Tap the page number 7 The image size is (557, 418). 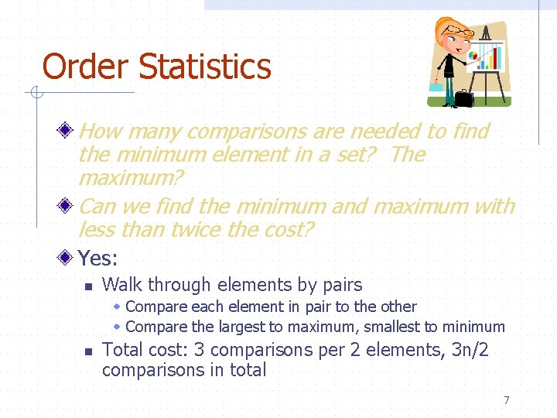507,400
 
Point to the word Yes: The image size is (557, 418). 97,258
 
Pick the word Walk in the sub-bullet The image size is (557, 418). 122,285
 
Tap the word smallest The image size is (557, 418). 391,327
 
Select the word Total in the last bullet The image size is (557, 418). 122,350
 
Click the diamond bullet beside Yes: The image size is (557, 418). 68,257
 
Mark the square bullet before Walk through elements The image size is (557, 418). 88,286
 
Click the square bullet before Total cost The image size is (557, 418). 88,351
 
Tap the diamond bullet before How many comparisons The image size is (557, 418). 68,131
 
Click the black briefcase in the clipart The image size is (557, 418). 463,98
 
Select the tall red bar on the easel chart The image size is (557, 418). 495,58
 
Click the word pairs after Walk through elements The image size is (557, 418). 340,285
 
